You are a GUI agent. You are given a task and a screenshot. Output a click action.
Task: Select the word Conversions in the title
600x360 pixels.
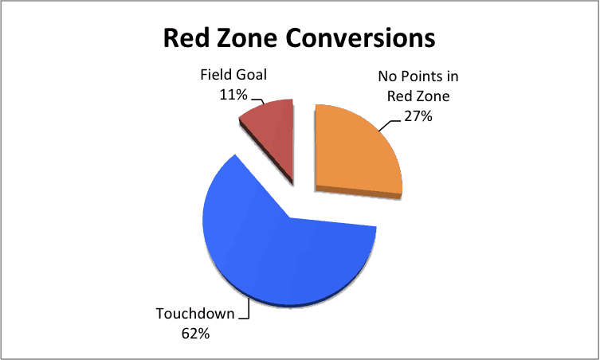coord(360,38)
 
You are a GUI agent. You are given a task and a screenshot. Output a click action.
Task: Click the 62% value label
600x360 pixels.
coord(195,334)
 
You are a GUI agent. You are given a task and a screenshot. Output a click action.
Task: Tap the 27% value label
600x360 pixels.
coord(418,115)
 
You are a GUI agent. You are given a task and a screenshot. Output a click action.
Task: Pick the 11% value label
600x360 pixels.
coord(233,94)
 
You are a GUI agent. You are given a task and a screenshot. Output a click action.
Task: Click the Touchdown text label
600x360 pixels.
coord(195,313)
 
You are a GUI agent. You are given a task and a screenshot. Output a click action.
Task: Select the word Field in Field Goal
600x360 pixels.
coord(213,74)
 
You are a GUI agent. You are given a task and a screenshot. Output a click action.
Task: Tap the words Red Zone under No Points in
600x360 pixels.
coord(418,96)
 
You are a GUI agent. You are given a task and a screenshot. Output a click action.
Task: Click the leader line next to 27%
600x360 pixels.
coord(390,125)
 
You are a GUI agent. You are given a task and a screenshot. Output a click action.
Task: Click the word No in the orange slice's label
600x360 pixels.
coord(388,76)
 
